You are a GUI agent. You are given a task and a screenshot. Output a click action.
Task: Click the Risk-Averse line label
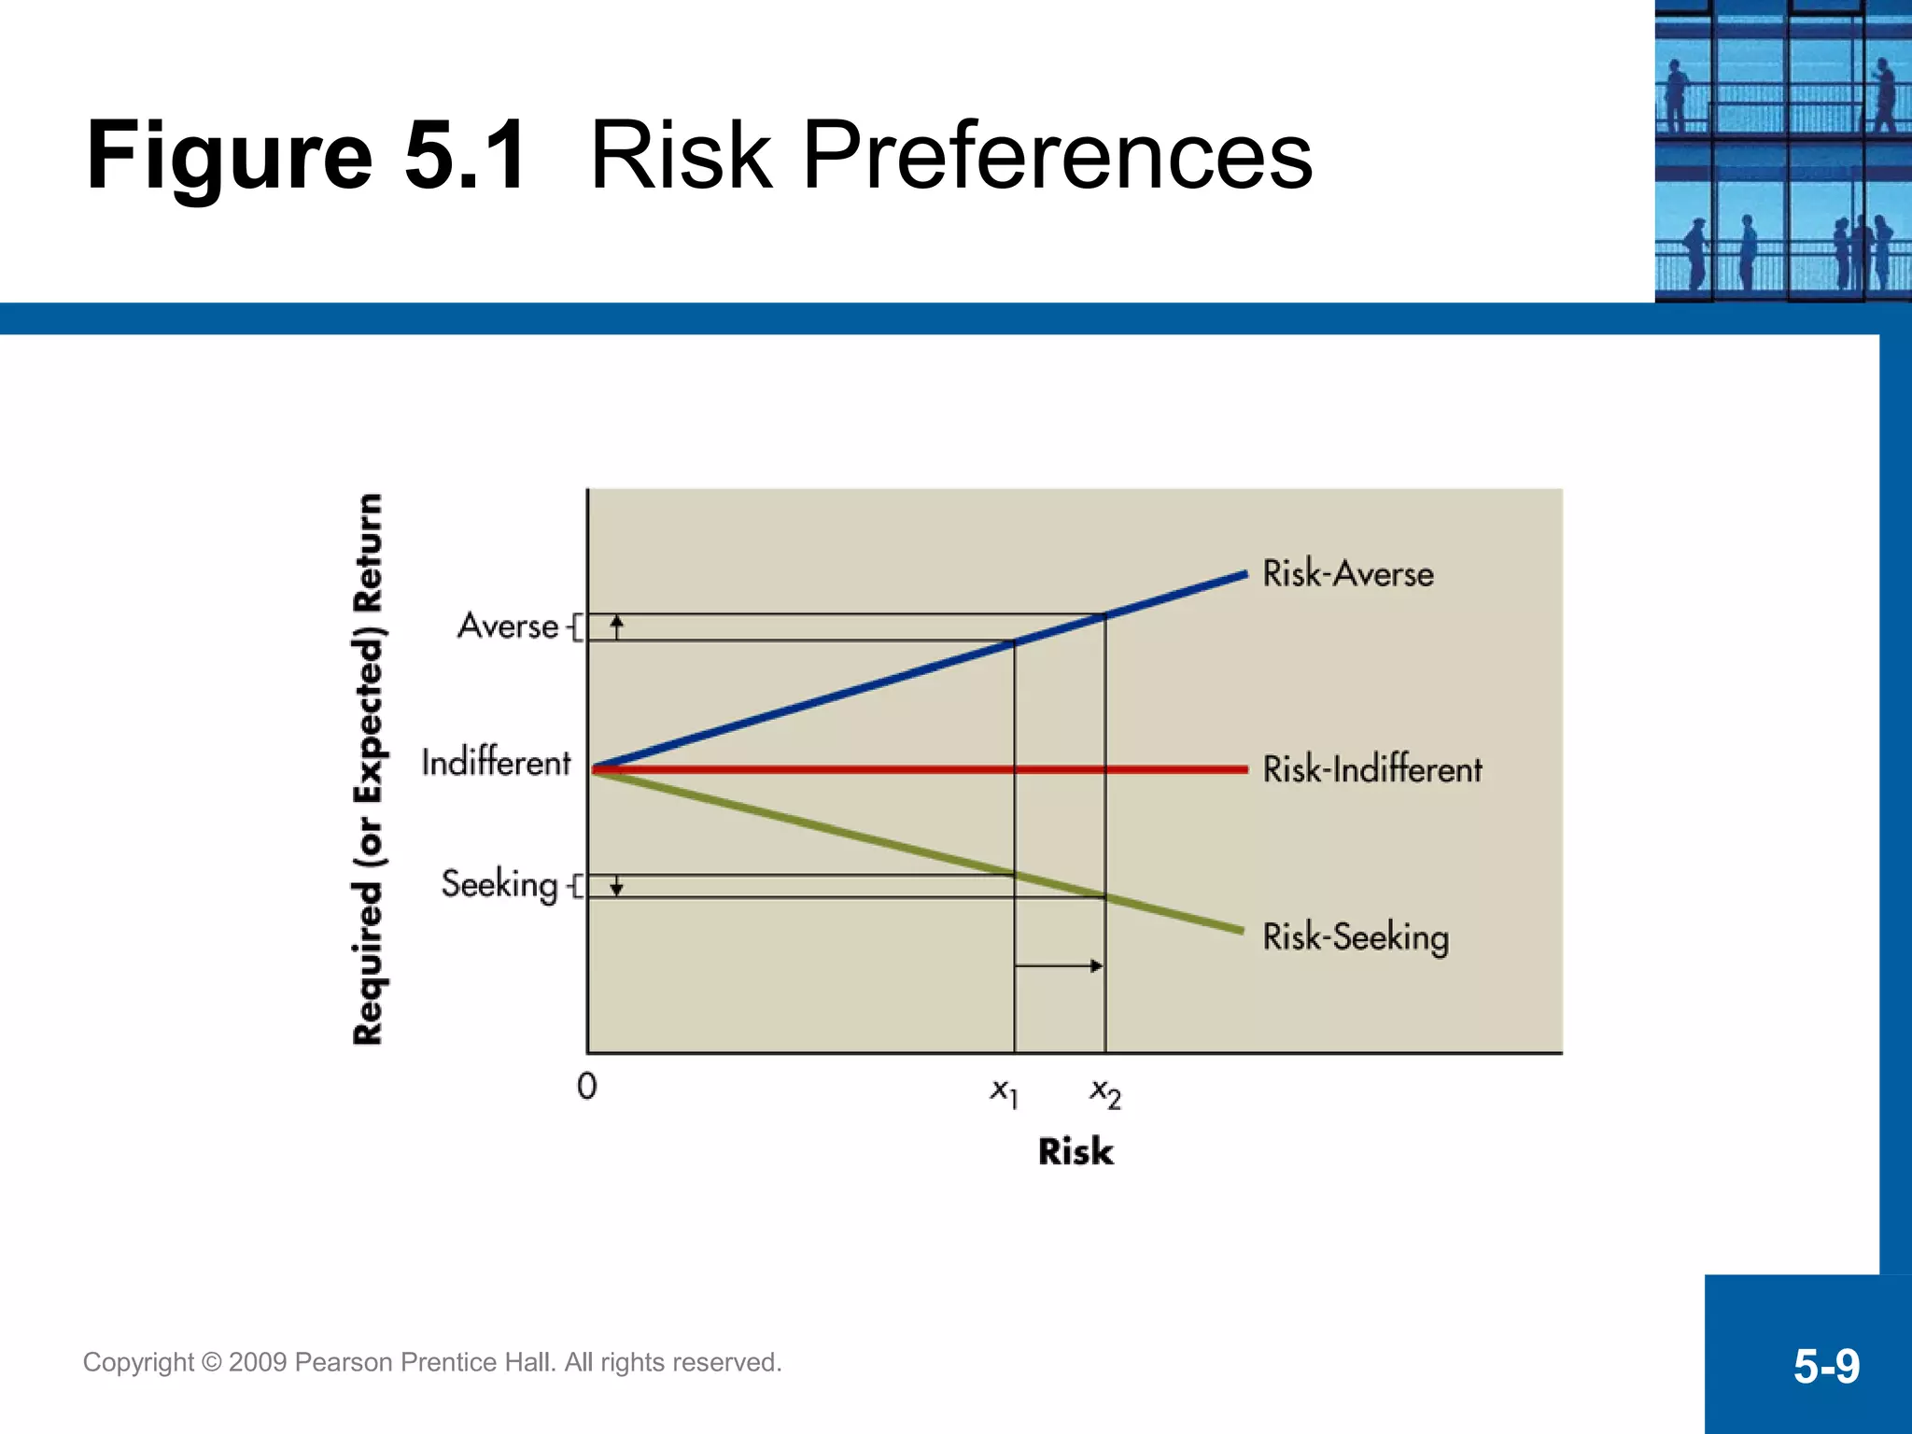tap(1347, 573)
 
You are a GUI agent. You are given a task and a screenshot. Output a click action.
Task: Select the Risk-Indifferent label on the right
tap(1371, 769)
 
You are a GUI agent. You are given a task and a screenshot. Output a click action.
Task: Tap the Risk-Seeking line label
tap(1355, 936)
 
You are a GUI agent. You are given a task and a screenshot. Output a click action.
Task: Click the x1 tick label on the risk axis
tap(1004, 1091)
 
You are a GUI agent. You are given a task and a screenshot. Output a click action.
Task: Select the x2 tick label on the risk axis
tap(1105, 1091)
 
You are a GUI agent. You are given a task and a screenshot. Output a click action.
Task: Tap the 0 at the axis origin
tap(586, 1086)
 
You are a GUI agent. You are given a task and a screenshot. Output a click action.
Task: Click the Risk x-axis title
tap(1075, 1151)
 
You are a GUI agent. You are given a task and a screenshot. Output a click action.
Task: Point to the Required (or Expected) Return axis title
tap(368, 769)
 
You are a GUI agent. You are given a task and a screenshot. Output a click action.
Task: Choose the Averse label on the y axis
tap(508, 626)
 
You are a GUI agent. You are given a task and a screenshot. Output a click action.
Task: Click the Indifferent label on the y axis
tap(495, 762)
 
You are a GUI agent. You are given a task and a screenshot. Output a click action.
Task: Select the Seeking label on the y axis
tap(499, 883)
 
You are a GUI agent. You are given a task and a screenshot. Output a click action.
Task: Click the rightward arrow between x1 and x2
tap(1059, 965)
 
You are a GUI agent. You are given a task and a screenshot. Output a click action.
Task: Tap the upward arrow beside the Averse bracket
tap(616, 626)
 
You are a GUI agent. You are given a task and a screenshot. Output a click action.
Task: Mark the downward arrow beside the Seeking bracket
tap(616, 886)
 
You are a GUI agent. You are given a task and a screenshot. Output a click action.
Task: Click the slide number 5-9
tap(1825, 1367)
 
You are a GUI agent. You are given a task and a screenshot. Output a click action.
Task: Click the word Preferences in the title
tap(1056, 155)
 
